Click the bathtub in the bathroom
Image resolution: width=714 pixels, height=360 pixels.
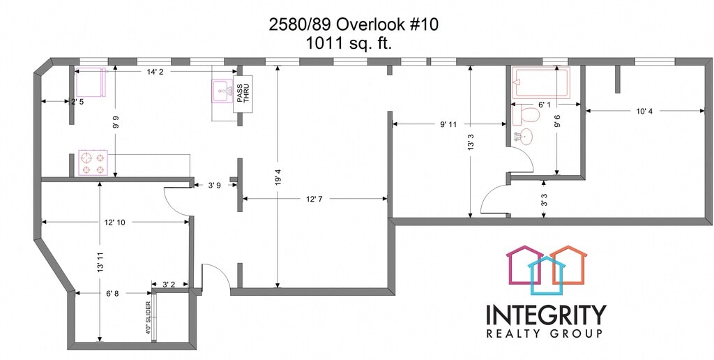tap(540, 81)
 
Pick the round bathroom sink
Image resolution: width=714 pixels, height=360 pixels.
tap(526, 136)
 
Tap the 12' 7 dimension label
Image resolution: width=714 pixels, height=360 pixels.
tap(314, 200)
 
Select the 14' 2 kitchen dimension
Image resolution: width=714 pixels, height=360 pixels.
tap(155, 70)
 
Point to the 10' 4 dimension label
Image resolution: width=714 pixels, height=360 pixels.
tap(644, 111)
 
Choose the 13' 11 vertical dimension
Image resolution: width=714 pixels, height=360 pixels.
tap(100, 262)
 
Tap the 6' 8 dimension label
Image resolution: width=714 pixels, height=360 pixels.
tap(112, 294)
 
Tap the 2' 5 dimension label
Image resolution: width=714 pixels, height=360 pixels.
tap(78, 103)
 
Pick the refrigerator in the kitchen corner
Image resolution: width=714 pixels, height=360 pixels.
tap(90, 83)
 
